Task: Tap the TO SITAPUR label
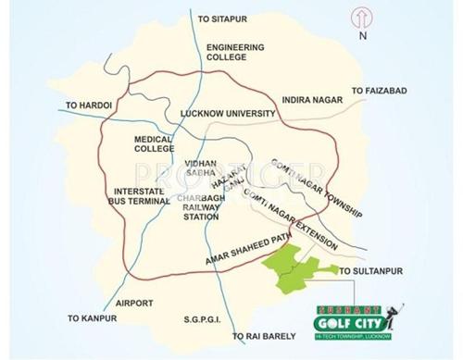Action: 225,18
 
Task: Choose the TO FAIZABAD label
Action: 379,91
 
